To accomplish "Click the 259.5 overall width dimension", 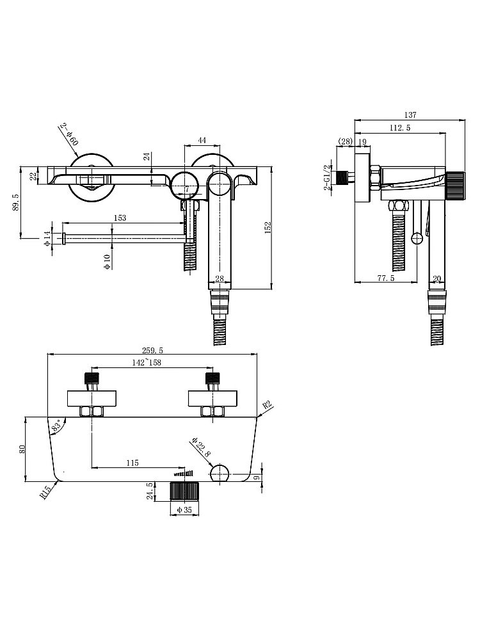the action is (x=153, y=350).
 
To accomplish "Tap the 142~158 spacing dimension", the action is (x=147, y=362).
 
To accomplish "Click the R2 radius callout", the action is (x=268, y=405).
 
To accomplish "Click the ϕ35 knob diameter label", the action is (x=184, y=509).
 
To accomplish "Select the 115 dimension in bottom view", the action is (x=132, y=463).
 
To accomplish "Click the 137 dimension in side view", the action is (x=410, y=115).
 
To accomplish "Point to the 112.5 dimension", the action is (x=400, y=128).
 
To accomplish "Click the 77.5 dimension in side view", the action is (x=386, y=278).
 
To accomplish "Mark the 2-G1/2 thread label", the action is (x=327, y=177).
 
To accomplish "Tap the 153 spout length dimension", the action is (x=120, y=218).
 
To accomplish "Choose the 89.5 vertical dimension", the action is (x=17, y=202).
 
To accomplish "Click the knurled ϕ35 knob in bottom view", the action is (x=184, y=492).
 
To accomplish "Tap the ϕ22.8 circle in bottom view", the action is (x=220, y=474).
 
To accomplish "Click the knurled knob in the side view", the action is (x=456, y=186).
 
